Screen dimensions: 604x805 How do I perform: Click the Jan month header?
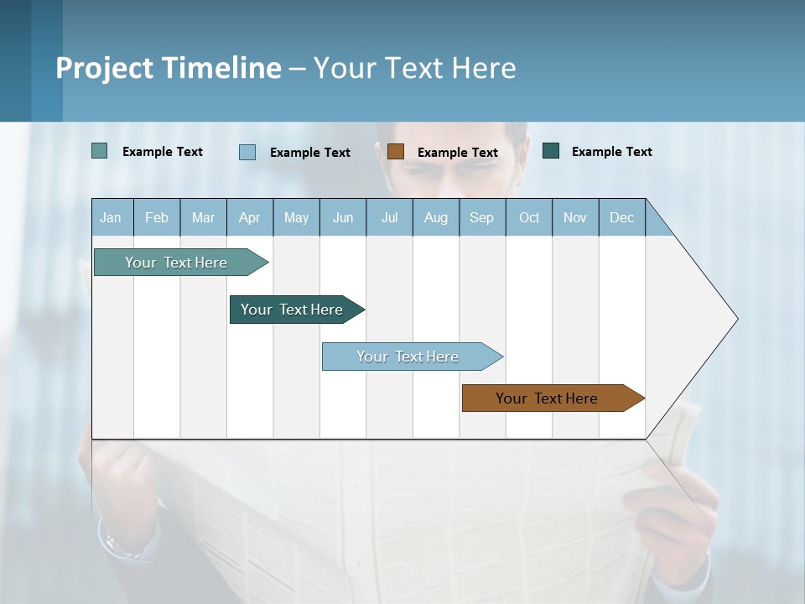pyautogui.click(x=111, y=218)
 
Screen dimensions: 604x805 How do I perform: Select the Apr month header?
pyautogui.click(x=250, y=218)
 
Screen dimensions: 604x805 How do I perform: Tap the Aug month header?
pyautogui.click(x=436, y=218)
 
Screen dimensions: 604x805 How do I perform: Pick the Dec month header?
pyautogui.click(x=621, y=218)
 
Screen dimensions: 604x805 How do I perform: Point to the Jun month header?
pyautogui.click(x=343, y=218)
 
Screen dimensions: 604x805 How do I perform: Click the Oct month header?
pyautogui.click(x=529, y=218)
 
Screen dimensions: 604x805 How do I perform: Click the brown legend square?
pyautogui.click(x=396, y=151)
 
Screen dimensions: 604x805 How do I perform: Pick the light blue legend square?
pyautogui.click(x=247, y=152)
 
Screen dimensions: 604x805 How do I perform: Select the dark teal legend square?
pyautogui.click(x=551, y=151)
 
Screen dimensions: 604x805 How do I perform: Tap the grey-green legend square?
pyautogui.click(x=99, y=151)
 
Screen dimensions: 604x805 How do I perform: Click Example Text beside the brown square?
pyautogui.click(x=457, y=153)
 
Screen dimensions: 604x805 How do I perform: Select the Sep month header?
pyautogui.click(x=481, y=218)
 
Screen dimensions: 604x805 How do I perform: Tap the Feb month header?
pyautogui.click(x=157, y=218)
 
